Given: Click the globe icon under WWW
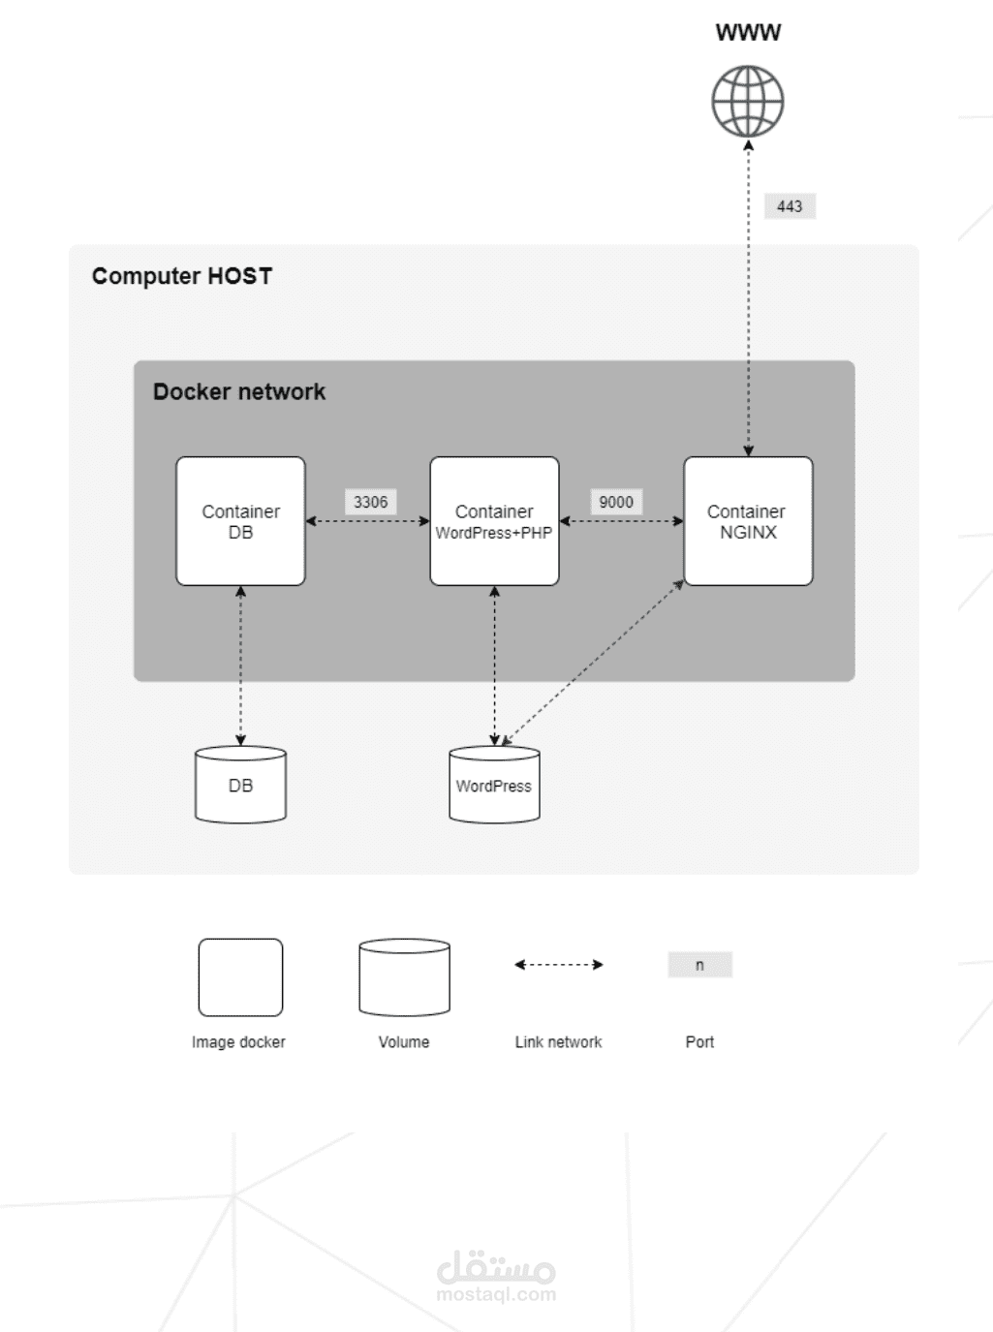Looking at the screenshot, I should tap(748, 102).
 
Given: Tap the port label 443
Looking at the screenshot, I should tap(790, 206).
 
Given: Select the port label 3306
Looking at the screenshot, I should tap(370, 502).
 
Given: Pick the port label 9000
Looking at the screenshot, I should tap(616, 502).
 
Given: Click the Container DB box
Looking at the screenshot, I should tap(240, 521).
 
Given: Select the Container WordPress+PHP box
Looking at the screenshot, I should tap(494, 521).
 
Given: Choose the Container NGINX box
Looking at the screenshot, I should tap(748, 521).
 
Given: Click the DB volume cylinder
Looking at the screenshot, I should tap(240, 785).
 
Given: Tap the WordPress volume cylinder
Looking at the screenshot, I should tap(494, 785).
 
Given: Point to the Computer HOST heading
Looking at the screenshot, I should tap(182, 276).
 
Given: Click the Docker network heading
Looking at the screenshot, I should tap(239, 391).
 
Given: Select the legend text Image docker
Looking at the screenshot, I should tap(238, 1042).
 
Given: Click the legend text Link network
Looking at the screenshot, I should tap(558, 1042).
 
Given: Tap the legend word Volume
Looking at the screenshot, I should tap(404, 1042).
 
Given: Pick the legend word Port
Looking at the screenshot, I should tap(699, 1042).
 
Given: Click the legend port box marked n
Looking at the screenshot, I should tap(699, 965).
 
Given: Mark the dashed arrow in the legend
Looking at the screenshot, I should tap(559, 965).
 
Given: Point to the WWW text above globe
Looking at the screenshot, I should tap(748, 32).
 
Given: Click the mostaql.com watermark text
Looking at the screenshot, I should tap(496, 1294).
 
